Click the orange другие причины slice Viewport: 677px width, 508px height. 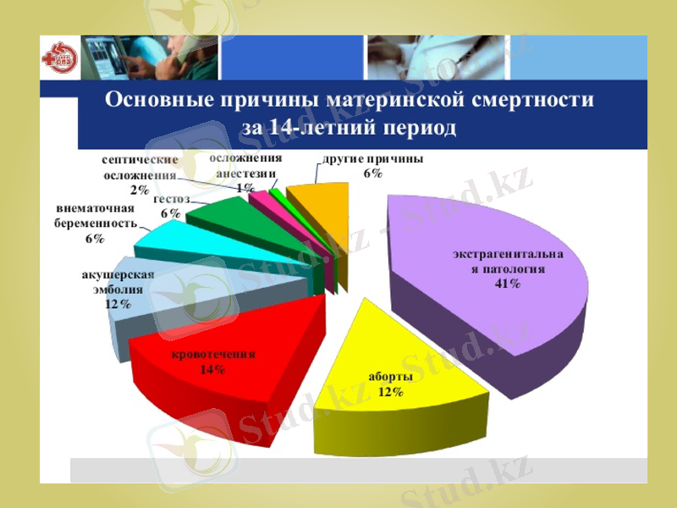point(322,203)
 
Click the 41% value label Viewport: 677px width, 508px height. point(508,284)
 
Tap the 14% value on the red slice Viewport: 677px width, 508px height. point(212,369)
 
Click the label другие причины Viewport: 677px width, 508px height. point(372,159)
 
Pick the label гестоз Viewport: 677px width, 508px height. point(171,200)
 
